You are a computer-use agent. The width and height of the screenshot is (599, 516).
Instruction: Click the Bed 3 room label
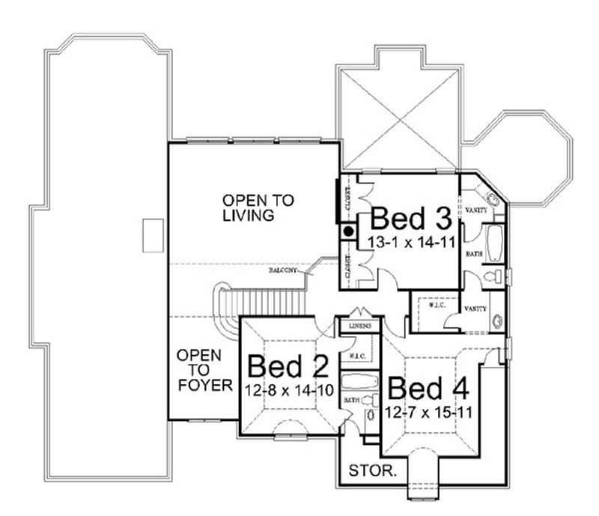pos(411,219)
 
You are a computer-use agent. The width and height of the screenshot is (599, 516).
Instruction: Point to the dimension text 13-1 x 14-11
pos(410,242)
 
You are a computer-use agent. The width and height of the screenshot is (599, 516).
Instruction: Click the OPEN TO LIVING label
pos(248,207)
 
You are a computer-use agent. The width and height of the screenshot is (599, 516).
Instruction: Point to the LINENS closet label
pos(359,327)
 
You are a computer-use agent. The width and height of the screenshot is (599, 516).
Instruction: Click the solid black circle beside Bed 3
pos(348,231)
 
